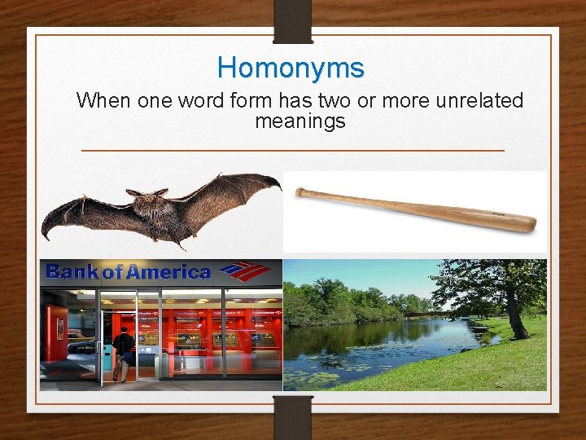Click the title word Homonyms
pyautogui.click(x=291, y=67)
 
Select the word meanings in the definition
pyautogui.click(x=300, y=121)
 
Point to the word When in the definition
pyautogui.click(x=103, y=101)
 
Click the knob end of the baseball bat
pyautogui.click(x=300, y=192)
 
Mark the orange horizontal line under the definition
pyautogui.click(x=293, y=151)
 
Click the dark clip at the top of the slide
pyautogui.click(x=292, y=20)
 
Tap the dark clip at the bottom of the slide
pyautogui.click(x=292, y=416)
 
